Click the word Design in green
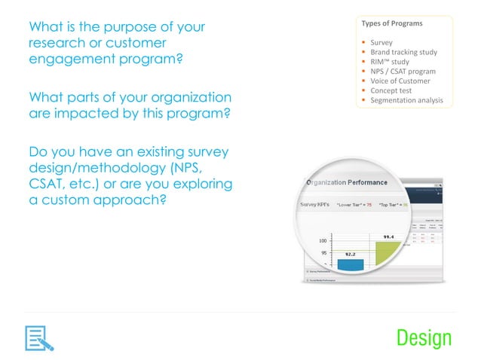pyautogui.click(x=424, y=338)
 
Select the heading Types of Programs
pyautogui.click(x=393, y=23)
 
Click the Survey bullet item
pyautogui.click(x=381, y=42)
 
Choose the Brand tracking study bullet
pyautogui.click(x=402, y=52)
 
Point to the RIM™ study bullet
pyautogui.click(x=390, y=62)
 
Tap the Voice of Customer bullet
pyautogui.click(x=400, y=81)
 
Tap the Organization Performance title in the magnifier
pyautogui.click(x=346, y=182)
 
